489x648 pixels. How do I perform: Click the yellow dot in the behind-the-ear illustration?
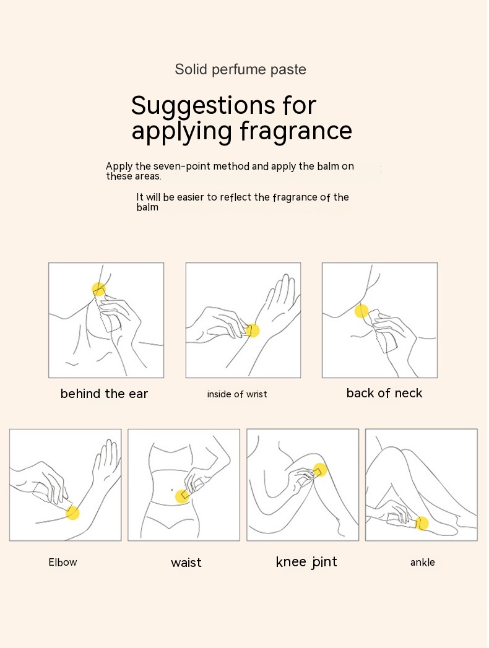[x=99, y=289]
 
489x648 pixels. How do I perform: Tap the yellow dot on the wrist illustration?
[x=253, y=330]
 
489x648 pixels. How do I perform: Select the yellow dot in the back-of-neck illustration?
[x=361, y=311]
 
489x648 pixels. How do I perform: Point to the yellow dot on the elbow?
[x=72, y=512]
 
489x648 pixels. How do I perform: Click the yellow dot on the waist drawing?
[x=182, y=496]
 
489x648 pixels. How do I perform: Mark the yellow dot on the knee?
[x=319, y=470]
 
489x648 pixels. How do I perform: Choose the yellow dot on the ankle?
[x=422, y=524]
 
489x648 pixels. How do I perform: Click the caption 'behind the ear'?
[x=104, y=394]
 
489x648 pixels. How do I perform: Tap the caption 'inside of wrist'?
[x=237, y=394]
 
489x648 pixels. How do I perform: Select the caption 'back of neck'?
[x=384, y=393]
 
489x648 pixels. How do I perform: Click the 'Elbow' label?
[x=63, y=562]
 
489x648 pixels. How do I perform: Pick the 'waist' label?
[x=186, y=563]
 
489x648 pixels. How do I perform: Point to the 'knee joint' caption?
[x=306, y=562]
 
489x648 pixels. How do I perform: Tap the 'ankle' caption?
[x=422, y=562]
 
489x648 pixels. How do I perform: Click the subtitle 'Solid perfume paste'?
[x=241, y=69]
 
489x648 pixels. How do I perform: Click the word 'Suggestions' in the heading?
[x=203, y=106]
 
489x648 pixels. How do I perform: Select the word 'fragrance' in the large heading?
[x=296, y=131]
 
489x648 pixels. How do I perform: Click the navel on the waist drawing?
[x=172, y=491]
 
